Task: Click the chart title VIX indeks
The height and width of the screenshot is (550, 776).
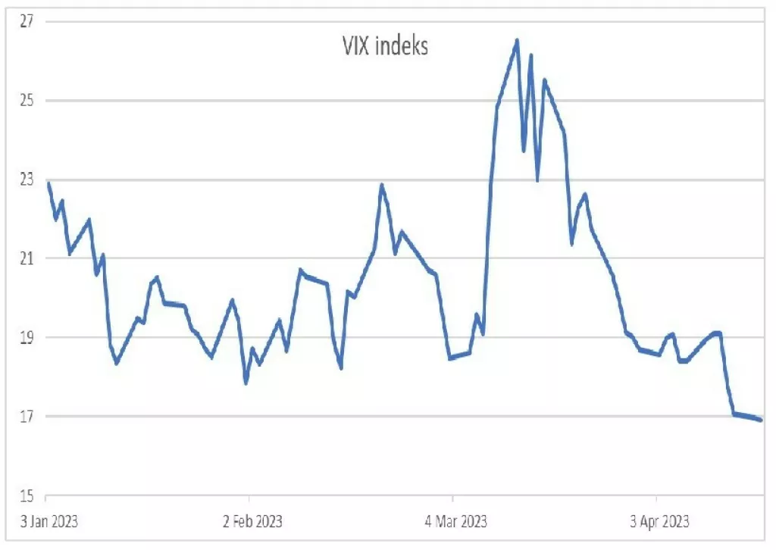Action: click(383, 46)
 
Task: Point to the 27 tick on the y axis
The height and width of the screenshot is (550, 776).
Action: click(28, 21)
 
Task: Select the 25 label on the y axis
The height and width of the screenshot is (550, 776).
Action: click(28, 101)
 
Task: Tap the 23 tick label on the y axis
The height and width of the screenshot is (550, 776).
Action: click(28, 180)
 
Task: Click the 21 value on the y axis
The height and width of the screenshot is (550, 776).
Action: click(28, 258)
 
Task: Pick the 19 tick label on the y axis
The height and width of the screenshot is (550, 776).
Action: click(28, 337)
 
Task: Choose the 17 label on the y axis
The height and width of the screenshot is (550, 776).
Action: click(28, 416)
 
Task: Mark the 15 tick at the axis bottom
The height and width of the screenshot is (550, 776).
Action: click(28, 495)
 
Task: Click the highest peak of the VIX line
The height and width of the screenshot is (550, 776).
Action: click(517, 40)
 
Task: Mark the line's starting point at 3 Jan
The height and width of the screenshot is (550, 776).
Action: click(48, 183)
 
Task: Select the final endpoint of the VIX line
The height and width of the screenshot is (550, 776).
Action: click(761, 420)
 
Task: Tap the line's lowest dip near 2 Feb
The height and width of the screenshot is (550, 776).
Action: click(246, 383)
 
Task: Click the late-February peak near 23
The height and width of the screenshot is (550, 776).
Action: click(382, 184)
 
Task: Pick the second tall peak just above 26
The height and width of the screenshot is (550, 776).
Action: click(530, 55)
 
